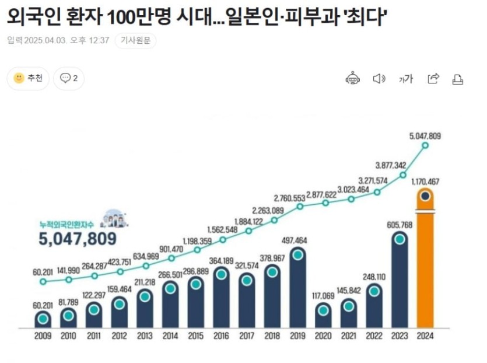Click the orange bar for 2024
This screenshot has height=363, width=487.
click(x=425, y=263)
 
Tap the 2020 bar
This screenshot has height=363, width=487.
click(x=323, y=315)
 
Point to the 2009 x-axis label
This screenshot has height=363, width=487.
click(x=43, y=336)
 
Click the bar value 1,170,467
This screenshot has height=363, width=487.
click(x=425, y=182)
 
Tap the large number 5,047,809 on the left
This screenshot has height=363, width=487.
click(x=78, y=239)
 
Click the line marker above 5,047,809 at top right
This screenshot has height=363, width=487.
click(x=425, y=145)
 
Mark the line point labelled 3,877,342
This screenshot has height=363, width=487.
click(x=400, y=174)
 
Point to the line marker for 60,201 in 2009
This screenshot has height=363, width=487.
click(x=43, y=282)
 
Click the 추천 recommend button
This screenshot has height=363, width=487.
click(x=28, y=78)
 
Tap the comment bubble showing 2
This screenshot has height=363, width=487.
click(x=69, y=78)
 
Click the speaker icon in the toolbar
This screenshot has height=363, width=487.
click(x=379, y=79)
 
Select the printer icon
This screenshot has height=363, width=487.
click(x=457, y=79)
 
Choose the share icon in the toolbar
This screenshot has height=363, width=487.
click(x=433, y=79)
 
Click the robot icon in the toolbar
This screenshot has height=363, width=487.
click(x=352, y=78)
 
